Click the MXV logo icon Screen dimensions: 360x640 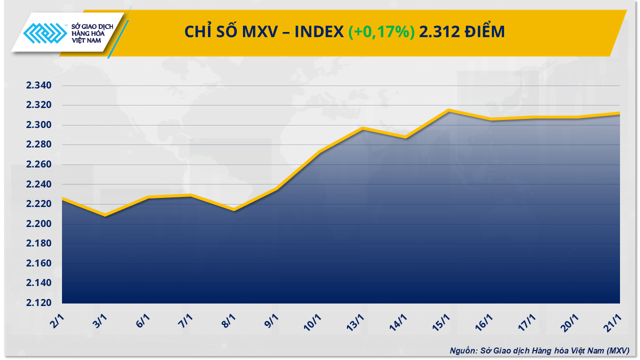pyautogui.click(x=46, y=34)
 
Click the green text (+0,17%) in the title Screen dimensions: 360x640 pyautogui.click(x=381, y=32)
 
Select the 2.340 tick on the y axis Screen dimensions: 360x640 pyautogui.click(x=39, y=86)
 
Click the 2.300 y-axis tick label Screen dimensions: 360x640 pyautogui.click(x=39, y=125)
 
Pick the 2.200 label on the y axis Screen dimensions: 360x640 pyautogui.click(x=39, y=224)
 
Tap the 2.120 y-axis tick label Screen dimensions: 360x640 pyautogui.click(x=39, y=303)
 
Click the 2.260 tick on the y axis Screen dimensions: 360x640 pyautogui.click(x=39, y=165)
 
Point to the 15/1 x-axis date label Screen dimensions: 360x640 pyautogui.click(x=442, y=320)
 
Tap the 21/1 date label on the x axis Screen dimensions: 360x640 pyautogui.click(x=614, y=320)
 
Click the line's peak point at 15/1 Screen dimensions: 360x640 pyautogui.click(x=449, y=110)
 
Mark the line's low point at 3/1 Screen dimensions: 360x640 pyautogui.click(x=105, y=215)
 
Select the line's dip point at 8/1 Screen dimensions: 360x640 pyautogui.click(x=234, y=209)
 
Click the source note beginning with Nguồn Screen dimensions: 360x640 pyautogui.click(x=539, y=350)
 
